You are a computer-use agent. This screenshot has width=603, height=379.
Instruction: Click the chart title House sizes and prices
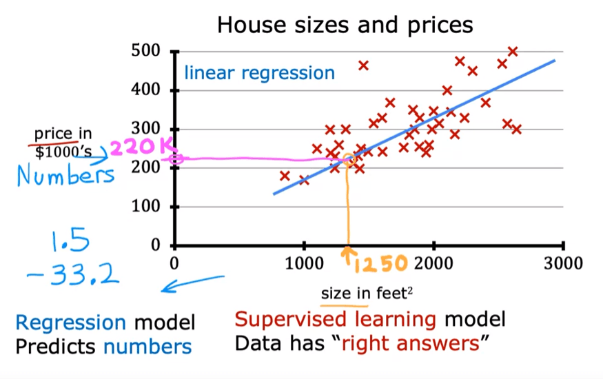[345, 25]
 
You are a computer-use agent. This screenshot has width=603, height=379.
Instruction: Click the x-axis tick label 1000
[304, 263]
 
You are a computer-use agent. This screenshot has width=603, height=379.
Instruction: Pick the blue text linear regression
[259, 73]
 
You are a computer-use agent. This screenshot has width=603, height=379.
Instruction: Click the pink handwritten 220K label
[143, 146]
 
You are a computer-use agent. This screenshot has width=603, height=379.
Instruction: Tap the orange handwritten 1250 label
[381, 263]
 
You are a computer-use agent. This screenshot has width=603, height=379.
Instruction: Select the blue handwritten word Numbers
[65, 176]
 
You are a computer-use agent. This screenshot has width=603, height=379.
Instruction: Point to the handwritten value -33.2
[74, 276]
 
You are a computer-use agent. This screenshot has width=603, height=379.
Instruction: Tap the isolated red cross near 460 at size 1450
[363, 65]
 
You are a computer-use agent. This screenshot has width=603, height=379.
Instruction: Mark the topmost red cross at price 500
[513, 52]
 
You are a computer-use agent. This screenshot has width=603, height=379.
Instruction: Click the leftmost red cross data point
[285, 176]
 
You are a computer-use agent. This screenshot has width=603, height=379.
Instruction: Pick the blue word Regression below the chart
[71, 322]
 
